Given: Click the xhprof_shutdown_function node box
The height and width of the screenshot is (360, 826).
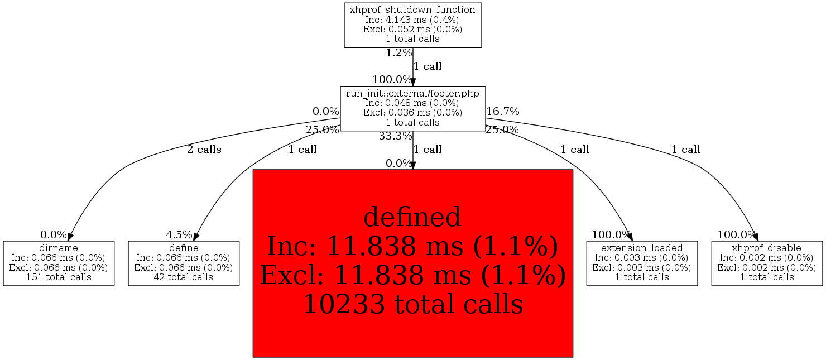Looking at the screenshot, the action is [412, 25].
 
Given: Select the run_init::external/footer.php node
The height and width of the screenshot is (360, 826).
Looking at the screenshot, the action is [412, 108].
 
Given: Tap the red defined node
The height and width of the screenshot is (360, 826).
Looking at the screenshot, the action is [412, 263].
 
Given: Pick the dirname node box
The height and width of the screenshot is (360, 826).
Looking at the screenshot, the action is [59, 263].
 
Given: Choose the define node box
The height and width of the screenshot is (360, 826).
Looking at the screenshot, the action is [184, 263].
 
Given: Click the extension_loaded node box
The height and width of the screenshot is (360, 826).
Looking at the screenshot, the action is [642, 263].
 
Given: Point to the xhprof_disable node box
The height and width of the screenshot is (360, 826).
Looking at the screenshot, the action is [767, 263].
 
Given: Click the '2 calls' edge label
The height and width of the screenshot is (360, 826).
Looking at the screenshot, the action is [204, 150].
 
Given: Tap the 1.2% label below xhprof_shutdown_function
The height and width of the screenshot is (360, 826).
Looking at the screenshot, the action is [399, 53].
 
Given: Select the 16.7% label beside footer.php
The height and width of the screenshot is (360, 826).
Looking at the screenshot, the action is [503, 111].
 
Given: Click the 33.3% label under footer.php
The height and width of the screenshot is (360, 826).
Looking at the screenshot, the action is [395, 136].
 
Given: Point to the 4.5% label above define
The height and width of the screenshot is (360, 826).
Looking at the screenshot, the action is [179, 234].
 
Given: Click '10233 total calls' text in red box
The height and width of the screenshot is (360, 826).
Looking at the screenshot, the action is [413, 304].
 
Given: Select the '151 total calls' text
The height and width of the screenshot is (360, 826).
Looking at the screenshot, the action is [59, 277].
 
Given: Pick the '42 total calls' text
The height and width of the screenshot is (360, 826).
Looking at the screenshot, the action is [184, 277].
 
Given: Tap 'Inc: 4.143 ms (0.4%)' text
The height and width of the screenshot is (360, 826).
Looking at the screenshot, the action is [412, 20].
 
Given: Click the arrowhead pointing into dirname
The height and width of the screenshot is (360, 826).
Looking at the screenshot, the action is [70, 237].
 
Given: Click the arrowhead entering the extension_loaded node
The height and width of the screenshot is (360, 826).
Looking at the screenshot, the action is [630, 237].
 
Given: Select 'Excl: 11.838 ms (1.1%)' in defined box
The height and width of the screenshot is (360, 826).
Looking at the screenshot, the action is [413, 275].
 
